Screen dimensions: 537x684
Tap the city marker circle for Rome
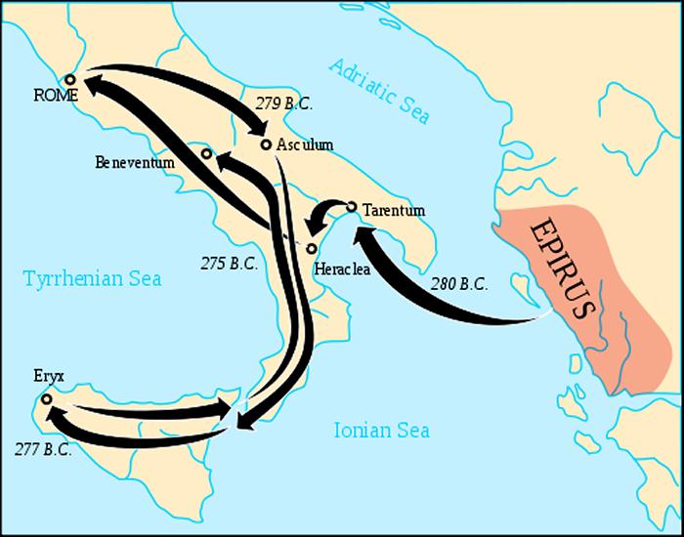click(69, 79)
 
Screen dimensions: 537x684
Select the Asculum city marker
click(266, 145)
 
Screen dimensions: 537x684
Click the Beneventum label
click(135, 162)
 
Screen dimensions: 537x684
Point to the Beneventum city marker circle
click(206, 153)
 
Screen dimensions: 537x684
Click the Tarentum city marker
click(352, 206)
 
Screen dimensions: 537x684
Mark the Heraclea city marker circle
click(312, 247)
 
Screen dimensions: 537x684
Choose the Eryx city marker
click(46, 398)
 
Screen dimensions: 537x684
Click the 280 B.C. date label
click(460, 287)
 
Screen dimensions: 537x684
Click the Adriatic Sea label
click(379, 91)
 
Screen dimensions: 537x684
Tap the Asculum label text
click(305, 145)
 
